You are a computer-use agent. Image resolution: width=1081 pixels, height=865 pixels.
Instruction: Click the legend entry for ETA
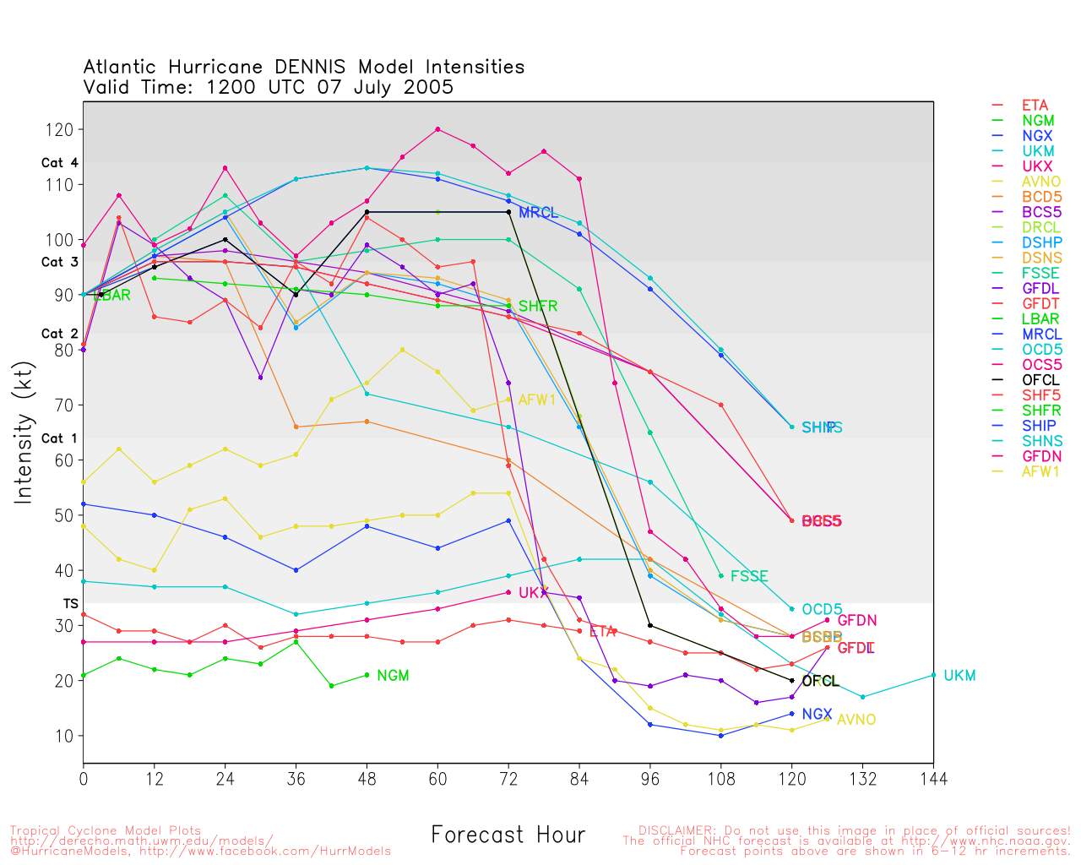point(1035,106)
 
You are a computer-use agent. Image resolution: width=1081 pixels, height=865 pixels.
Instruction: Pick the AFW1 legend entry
point(1040,471)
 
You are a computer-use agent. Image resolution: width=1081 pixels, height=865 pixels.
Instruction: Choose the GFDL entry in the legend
point(1040,289)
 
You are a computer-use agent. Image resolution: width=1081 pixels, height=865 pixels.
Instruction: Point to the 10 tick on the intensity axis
point(64,736)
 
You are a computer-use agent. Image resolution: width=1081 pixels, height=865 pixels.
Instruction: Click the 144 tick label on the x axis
point(933,778)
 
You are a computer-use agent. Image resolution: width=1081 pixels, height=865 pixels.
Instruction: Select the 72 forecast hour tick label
point(508,778)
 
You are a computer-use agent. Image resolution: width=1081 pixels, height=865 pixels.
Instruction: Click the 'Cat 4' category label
point(59,163)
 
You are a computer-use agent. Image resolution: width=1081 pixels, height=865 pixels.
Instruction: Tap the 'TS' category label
point(71,604)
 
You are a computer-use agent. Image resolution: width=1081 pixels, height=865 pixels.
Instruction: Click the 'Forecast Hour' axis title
point(508,835)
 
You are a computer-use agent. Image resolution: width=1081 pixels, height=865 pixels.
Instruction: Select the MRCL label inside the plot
point(539,213)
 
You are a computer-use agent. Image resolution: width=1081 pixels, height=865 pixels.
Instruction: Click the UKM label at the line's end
point(959,676)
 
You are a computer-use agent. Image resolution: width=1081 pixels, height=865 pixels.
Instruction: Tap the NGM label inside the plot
point(393,676)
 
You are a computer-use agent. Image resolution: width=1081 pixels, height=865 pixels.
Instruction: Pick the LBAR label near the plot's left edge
point(111,296)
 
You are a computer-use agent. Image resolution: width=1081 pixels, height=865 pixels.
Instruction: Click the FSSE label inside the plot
point(749,576)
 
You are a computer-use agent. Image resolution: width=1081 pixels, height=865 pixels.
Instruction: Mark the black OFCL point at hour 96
point(650,625)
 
